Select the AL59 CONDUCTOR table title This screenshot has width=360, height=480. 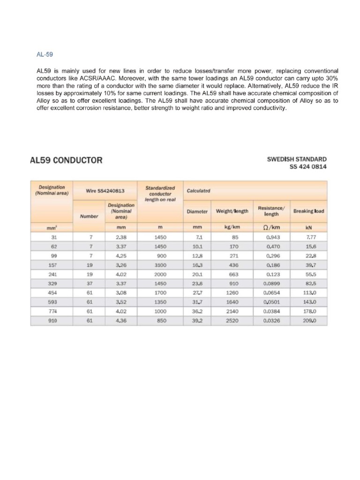click(x=66, y=160)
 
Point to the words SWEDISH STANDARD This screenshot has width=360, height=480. click(x=297, y=159)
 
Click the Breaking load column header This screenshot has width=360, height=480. click(x=308, y=211)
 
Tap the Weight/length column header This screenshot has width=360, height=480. click(x=232, y=211)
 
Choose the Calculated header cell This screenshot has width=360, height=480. click(x=198, y=191)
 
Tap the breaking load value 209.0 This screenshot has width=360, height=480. click(x=309, y=321)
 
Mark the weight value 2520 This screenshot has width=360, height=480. click(x=232, y=321)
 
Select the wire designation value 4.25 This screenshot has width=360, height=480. click(x=121, y=255)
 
